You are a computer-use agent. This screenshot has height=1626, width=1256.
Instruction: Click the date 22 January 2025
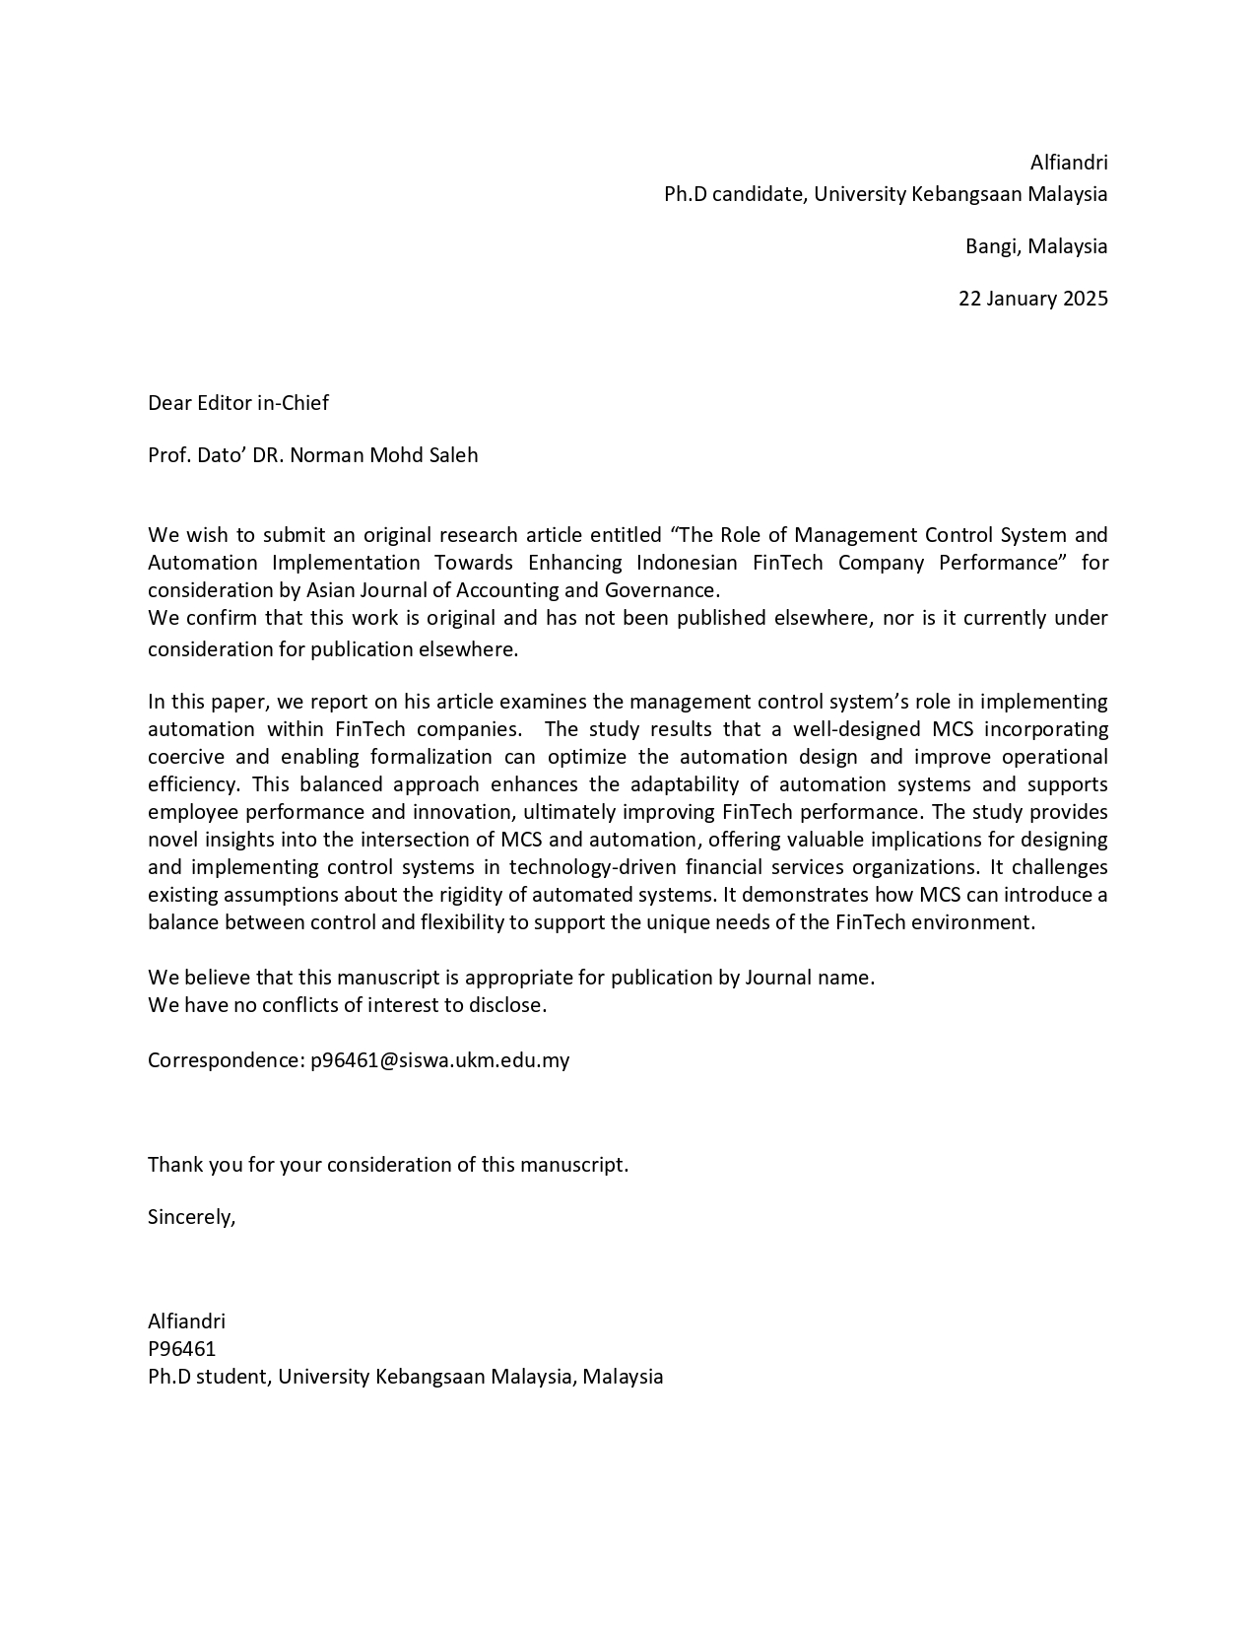pyautogui.click(x=1032, y=299)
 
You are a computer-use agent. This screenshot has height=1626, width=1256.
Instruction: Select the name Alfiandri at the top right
pyautogui.click(x=1069, y=163)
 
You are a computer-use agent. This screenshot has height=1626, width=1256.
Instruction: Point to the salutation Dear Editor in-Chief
pyautogui.click(x=238, y=403)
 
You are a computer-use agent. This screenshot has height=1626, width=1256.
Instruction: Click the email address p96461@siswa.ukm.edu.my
pyautogui.click(x=439, y=1060)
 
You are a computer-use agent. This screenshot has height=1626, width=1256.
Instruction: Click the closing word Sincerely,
pyautogui.click(x=192, y=1217)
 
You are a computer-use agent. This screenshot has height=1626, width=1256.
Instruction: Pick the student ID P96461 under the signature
pyautogui.click(x=181, y=1349)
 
